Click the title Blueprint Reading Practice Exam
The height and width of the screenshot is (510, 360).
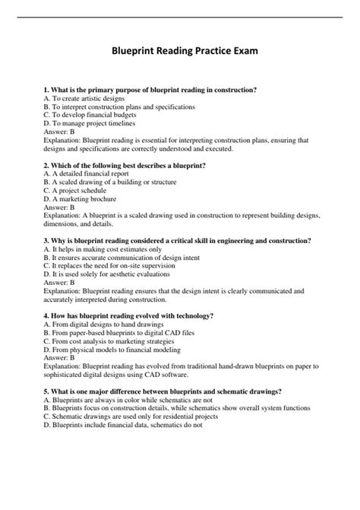(x=180, y=51)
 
